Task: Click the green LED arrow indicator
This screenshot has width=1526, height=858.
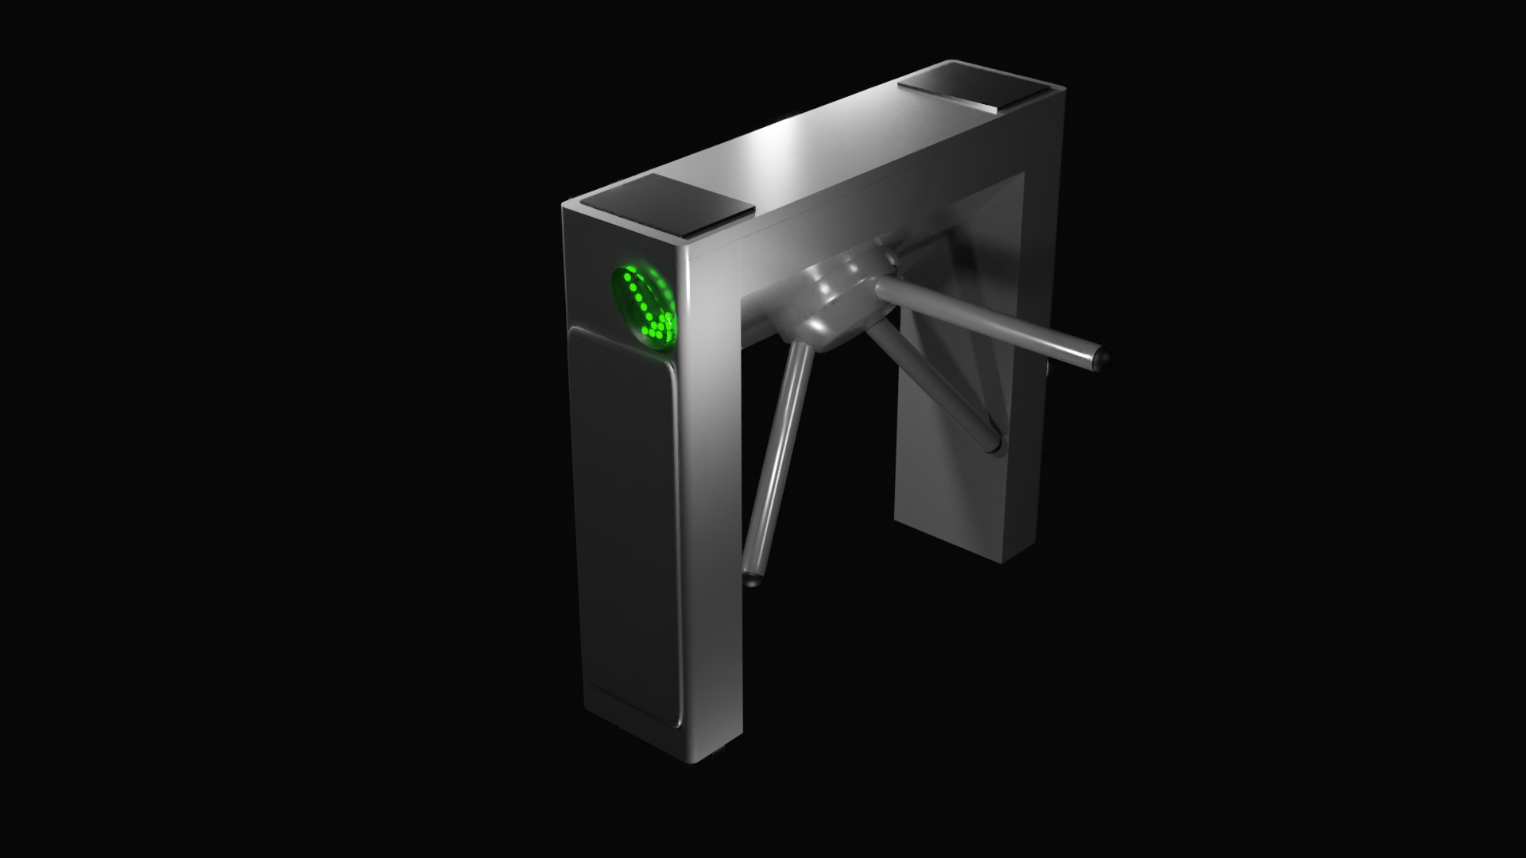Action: [x=645, y=308]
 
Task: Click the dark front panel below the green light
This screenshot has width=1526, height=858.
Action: [x=625, y=524]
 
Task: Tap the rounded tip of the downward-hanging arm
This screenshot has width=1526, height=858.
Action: [x=750, y=579]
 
